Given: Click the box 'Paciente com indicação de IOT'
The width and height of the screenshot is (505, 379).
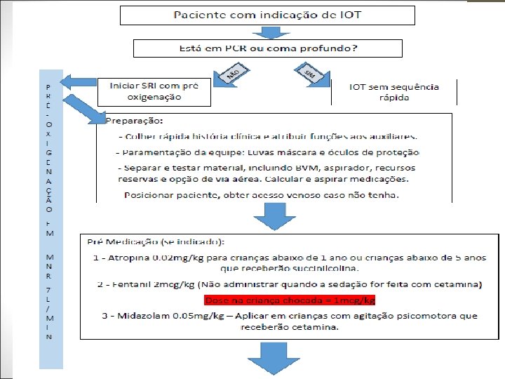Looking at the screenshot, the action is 267,15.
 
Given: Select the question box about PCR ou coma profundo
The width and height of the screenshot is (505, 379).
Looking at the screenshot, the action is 268,48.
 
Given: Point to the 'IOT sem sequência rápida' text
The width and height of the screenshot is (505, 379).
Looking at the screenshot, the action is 394,92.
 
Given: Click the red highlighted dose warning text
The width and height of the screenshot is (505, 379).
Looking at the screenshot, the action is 290,300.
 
